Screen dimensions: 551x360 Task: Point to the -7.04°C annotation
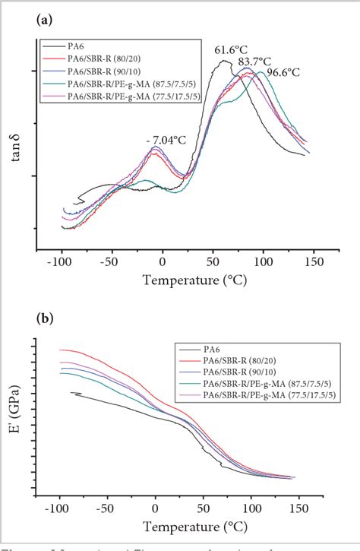coord(164,141)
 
